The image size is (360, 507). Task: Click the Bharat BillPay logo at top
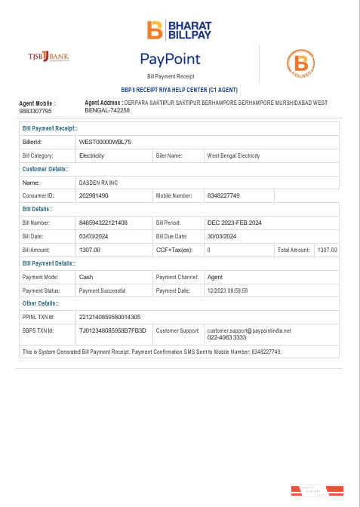(180, 29)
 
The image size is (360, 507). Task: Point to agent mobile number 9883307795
(35, 111)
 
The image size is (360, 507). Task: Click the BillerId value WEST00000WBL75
(105, 142)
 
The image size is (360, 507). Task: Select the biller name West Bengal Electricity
(232, 155)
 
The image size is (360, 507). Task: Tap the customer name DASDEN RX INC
(99, 183)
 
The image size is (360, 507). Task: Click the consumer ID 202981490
(94, 195)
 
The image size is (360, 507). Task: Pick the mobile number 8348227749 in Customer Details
(223, 195)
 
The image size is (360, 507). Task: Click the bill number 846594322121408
(103, 223)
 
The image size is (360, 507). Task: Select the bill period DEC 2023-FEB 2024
(234, 223)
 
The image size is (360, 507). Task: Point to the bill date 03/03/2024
(94, 236)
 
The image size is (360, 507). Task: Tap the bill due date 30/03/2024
(223, 236)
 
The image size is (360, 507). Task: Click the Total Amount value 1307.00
(328, 250)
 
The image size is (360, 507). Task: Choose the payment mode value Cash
(86, 277)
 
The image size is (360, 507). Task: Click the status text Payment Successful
(102, 290)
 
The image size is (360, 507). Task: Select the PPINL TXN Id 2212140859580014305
(109, 317)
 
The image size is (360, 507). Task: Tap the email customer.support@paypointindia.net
(248, 330)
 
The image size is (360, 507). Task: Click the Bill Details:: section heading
(37, 209)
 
